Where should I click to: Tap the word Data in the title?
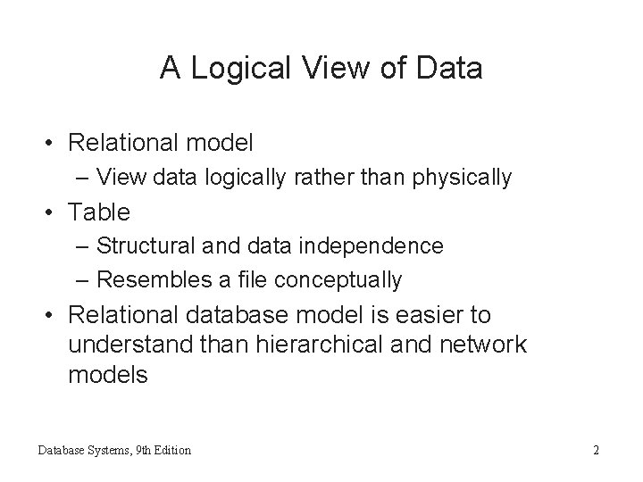pos(452,69)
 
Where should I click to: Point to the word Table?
pos(99,212)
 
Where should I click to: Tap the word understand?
pos(126,345)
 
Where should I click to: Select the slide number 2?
pos(596,450)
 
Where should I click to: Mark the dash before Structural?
pos(83,245)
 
